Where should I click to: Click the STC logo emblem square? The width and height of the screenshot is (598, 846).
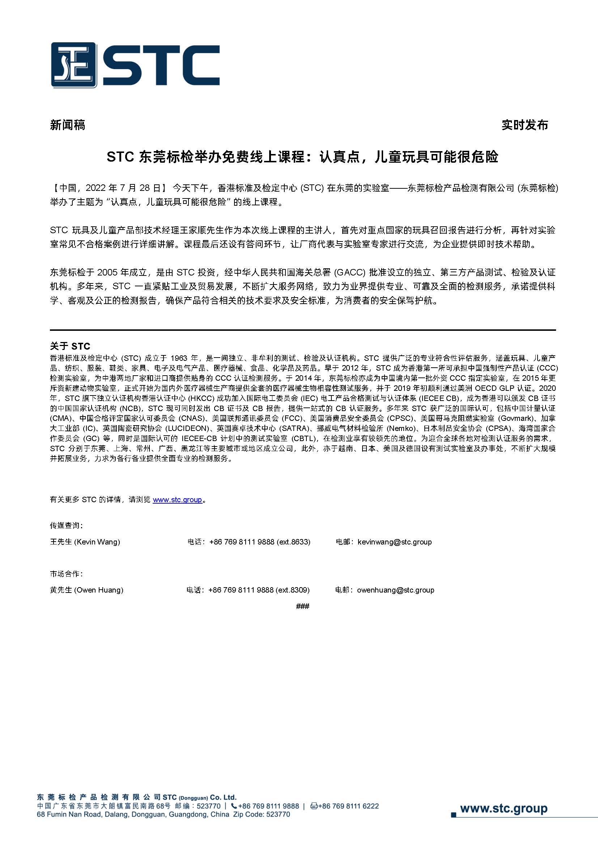74,65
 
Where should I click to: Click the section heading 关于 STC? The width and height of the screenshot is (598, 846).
70,346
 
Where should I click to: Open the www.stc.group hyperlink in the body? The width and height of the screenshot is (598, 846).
177,500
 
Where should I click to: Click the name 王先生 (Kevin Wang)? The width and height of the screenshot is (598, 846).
85,542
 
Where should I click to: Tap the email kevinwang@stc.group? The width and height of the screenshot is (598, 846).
394,542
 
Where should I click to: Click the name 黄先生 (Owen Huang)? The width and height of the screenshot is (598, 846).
86,590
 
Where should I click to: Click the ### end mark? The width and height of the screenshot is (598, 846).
302,606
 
